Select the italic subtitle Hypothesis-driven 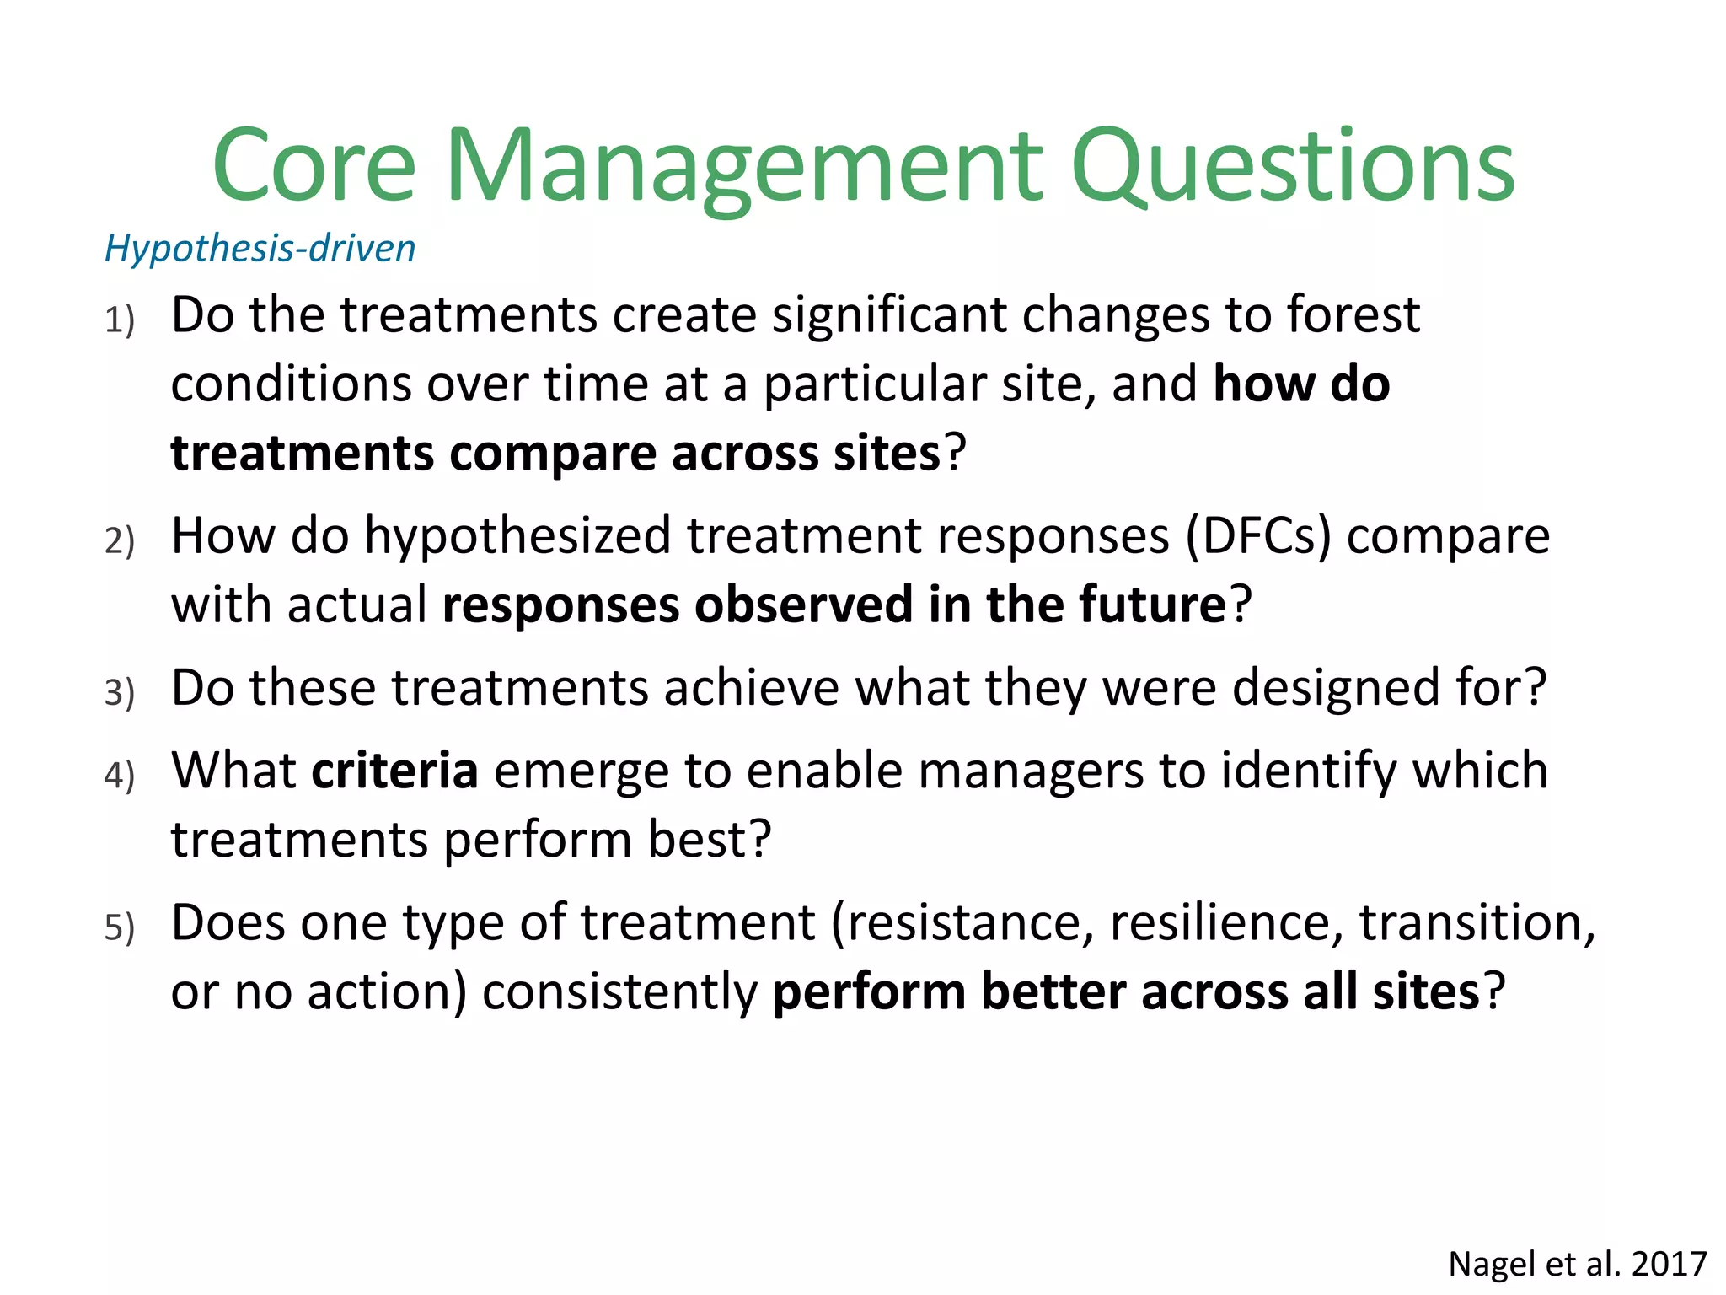260,249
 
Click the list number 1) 120,320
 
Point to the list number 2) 120,540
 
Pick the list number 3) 120,692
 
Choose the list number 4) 120,775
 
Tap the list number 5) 120,927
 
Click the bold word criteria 394,771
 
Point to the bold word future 1151,605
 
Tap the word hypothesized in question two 517,537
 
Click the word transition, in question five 1477,923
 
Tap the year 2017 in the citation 1669,1265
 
